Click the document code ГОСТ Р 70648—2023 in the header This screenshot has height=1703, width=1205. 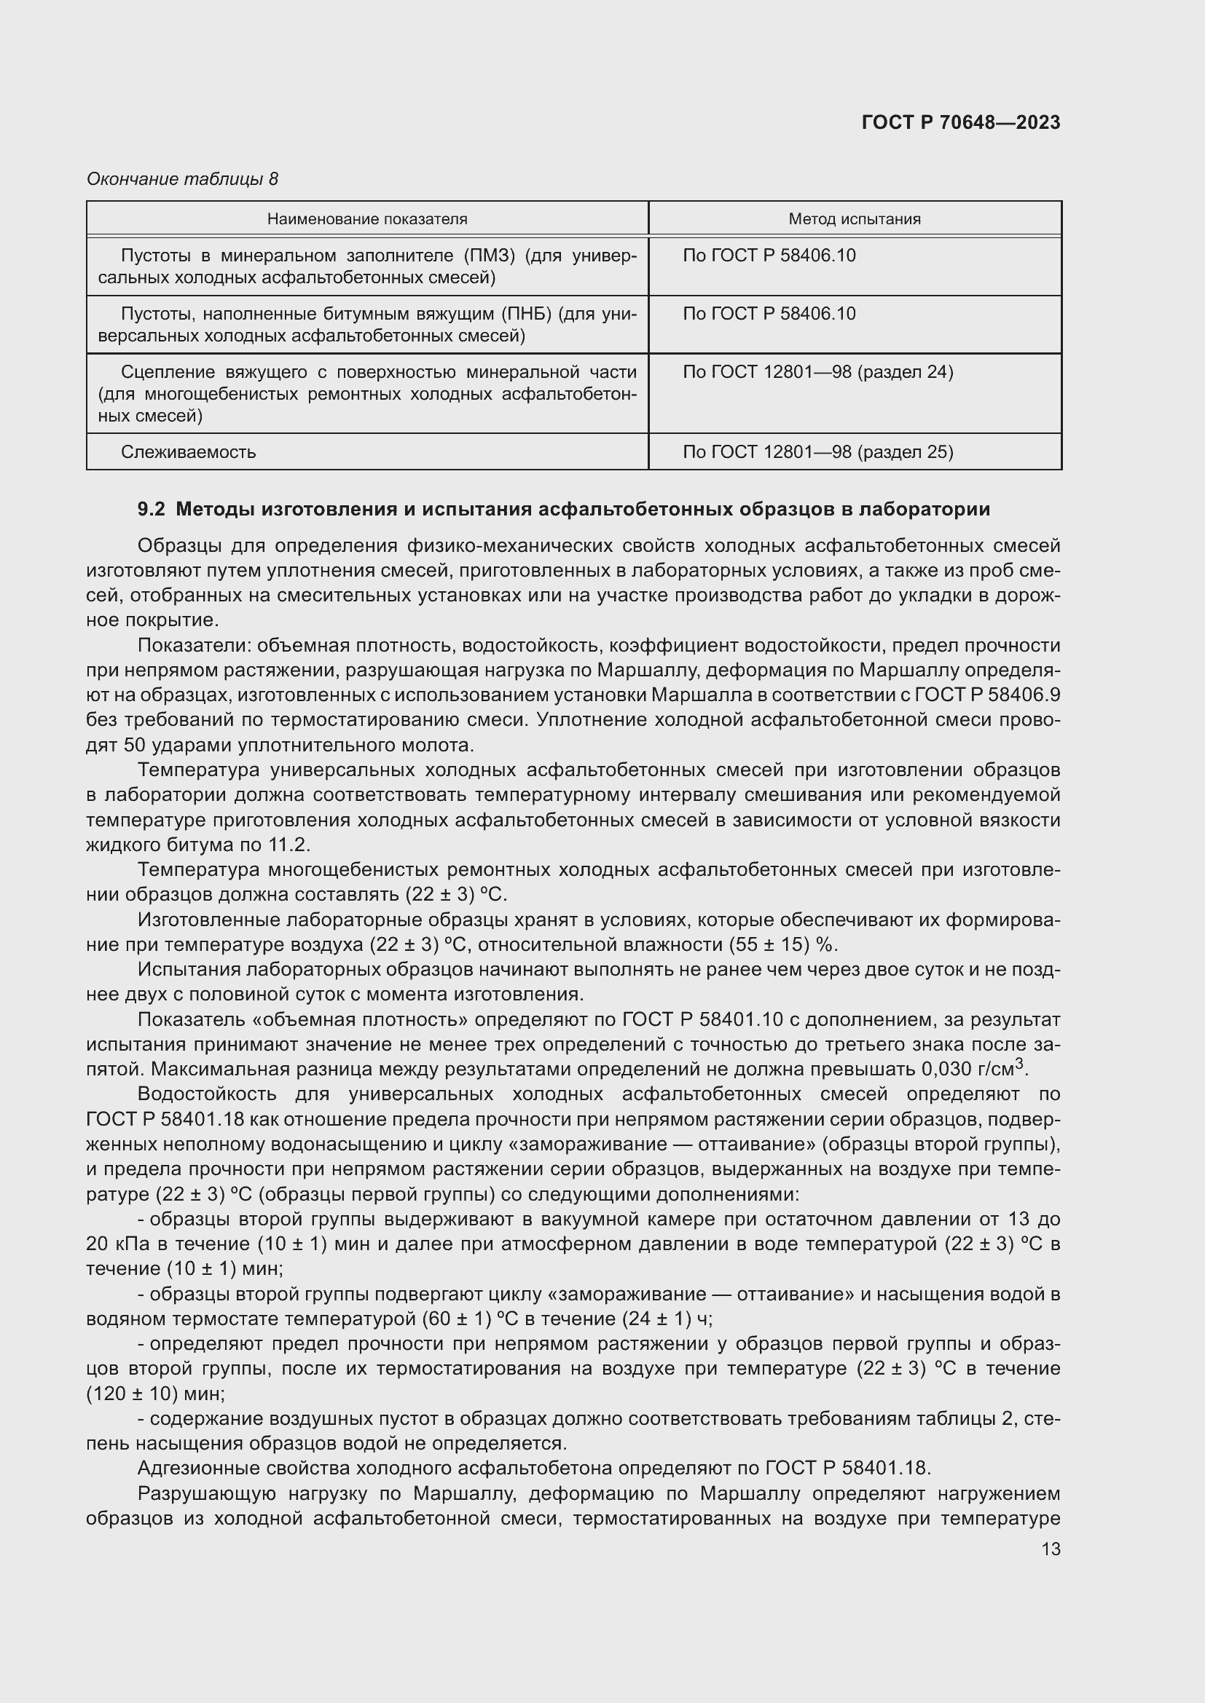click(961, 122)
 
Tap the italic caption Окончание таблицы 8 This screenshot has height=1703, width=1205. click(182, 179)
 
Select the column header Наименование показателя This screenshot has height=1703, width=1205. click(367, 219)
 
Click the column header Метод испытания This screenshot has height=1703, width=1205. click(855, 219)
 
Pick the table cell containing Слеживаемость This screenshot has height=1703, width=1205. click(189, 451)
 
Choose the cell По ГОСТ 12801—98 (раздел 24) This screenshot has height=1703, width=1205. click(817, 371)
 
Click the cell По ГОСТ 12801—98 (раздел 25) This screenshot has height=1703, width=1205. click(817, 451)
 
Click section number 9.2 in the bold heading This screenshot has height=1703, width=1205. click(151, 509)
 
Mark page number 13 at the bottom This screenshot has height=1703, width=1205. click(1051, 1549)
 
